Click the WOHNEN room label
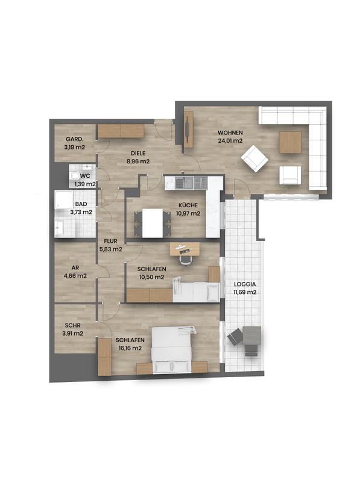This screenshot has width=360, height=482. click(230, 132)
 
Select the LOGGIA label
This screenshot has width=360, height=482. click(245, 283)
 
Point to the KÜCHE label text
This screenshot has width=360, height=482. click(187, 204)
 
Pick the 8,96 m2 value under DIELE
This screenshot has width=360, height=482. click(138, 161)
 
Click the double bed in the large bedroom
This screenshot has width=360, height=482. click(174, 349)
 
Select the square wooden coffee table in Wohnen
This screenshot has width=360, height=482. click(290, 143)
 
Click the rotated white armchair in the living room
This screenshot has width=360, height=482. click(254, 160)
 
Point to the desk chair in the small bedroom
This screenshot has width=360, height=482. click(186, 258)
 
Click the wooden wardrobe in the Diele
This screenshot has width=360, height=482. click(121, 131)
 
